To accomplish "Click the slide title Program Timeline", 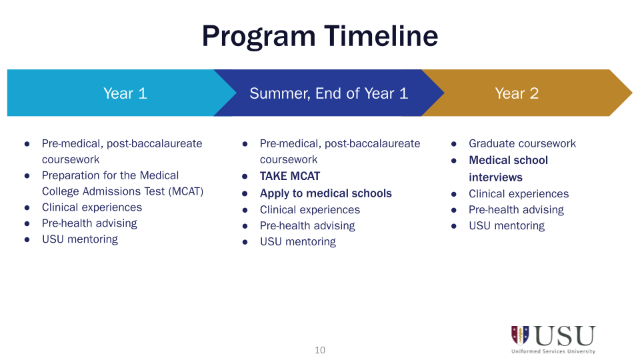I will (320, 36).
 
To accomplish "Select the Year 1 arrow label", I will (125, 93).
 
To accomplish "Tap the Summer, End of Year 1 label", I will (328, 93).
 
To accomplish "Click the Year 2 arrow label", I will (516, 93).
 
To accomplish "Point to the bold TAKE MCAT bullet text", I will (289, 176).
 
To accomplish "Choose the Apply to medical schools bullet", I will (325, 193).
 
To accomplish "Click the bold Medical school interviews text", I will (508, 169).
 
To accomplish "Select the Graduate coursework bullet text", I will (522, 143).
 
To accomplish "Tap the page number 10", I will (320, 350).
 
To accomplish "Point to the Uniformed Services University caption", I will (553, 351).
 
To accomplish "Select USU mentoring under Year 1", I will (79, 239).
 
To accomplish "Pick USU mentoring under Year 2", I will (506, 226).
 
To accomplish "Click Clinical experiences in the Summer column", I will (309, 210).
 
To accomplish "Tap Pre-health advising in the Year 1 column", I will (89, 223).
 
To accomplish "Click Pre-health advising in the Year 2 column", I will (516, 210).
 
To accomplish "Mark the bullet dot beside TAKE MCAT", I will (245, 177).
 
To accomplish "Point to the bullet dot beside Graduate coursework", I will (454, 144).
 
